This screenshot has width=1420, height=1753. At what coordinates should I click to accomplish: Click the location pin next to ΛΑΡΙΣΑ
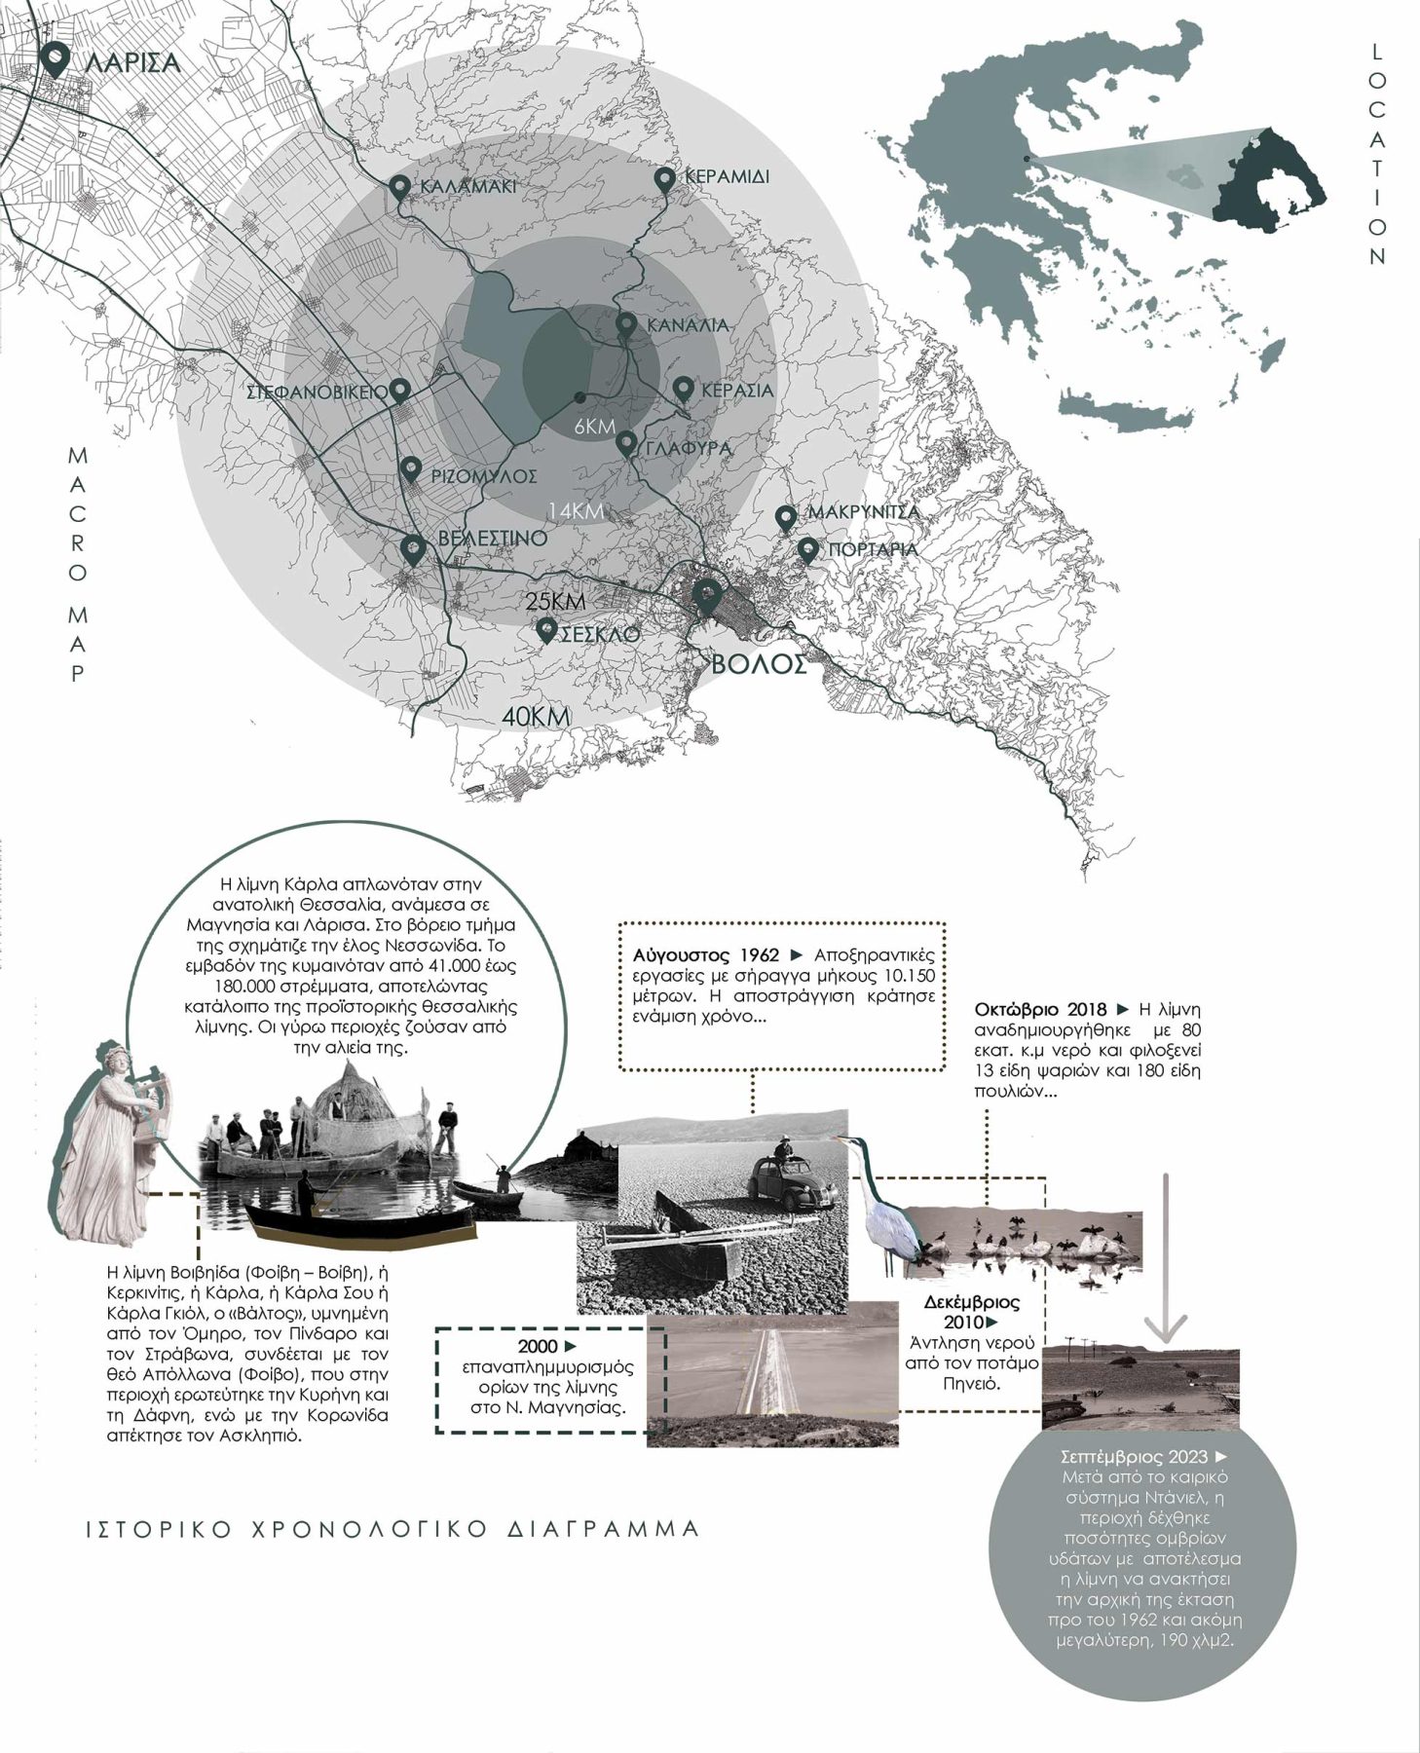tap(56, 59)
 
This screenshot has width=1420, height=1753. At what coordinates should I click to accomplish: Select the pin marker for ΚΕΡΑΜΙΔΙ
tap(663, 180)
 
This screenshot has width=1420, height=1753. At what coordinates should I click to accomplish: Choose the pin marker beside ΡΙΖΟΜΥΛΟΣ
tap(411, 469)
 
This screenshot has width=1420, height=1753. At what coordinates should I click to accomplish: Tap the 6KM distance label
tap(593, 427)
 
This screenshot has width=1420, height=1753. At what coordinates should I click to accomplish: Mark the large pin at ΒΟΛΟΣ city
tap(704, 595)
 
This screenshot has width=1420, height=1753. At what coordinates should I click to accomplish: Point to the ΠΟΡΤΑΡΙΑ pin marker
tap(807, 550)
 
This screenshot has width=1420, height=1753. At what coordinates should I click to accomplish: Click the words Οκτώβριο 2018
tap(1038, 1009)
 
